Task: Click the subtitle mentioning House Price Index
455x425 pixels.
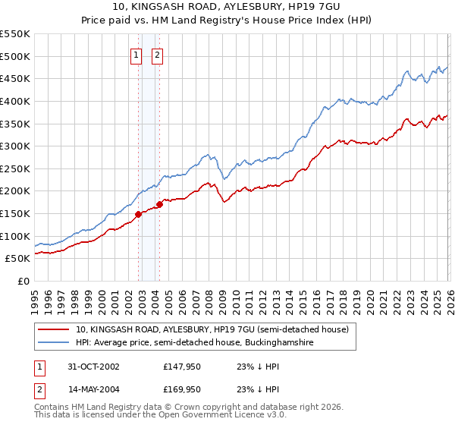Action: point(227,20)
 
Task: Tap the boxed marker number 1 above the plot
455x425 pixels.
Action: point(136,54)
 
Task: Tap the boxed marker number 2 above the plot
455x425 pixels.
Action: point(158,54)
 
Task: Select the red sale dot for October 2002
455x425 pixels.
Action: point(139,214)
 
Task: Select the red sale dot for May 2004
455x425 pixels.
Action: point(160,204)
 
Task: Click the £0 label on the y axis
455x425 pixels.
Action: point(24,281)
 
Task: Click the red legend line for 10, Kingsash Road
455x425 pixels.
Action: point(53,329)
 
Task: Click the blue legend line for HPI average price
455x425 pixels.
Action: point(53,343)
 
